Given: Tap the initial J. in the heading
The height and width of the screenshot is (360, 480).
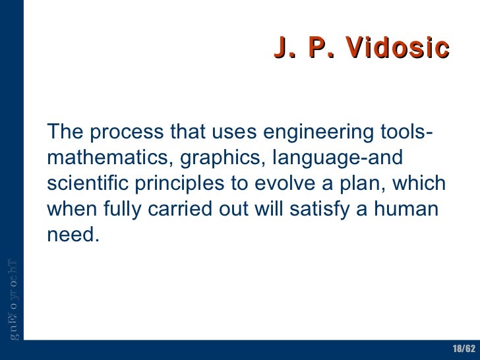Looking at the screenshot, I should coord(283,48).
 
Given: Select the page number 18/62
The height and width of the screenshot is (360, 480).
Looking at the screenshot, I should coord(464,348).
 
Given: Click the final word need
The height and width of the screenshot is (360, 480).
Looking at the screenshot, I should coord(73,235).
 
